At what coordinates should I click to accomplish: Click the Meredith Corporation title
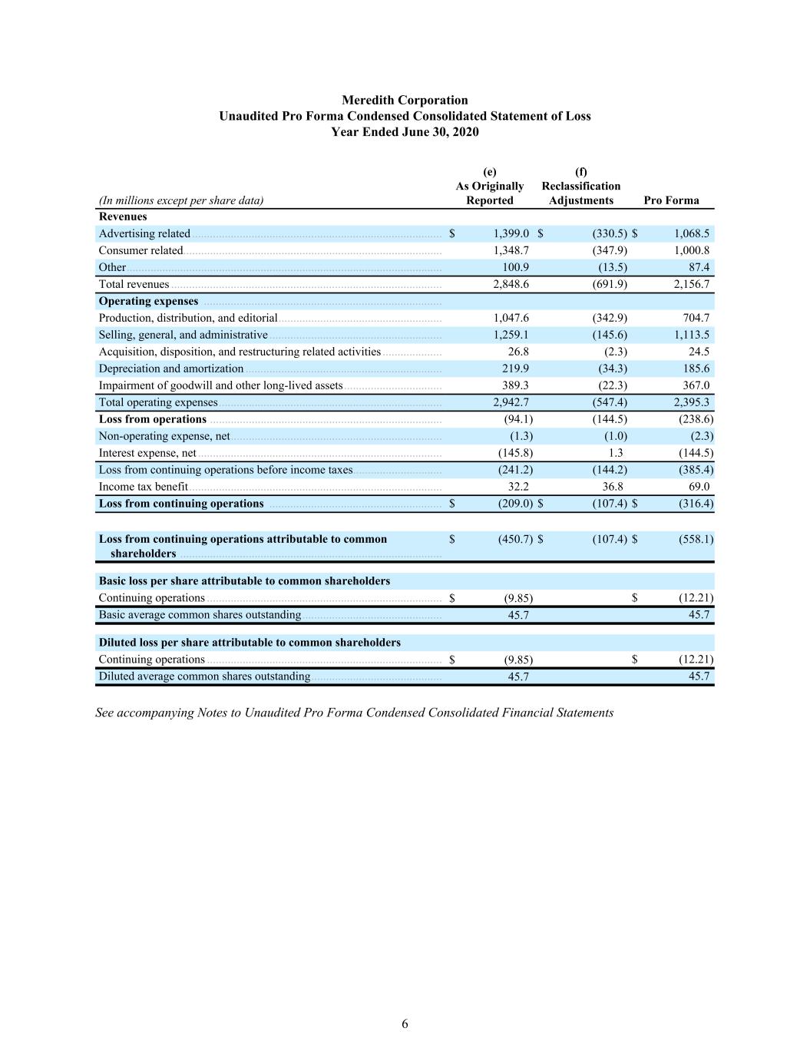pyautogui.click(x=405, y=100)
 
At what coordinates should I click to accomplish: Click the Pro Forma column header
pyautogui.click(x=671, y=200)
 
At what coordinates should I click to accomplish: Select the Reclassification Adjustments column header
pyautogui.click(x=581, y=193)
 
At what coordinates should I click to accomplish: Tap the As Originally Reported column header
pyautogui.click(x=490, y=193)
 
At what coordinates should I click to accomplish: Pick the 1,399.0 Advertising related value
pyautogui.click(x=511, y=233)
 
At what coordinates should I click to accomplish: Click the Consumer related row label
pyautogui.click(x=141, y=250)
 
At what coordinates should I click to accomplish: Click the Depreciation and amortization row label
pyautogui.click(x=171, y=369)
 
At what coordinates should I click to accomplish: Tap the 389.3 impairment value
pyautogui.click(x=515, y=385)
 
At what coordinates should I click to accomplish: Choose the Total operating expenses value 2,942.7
pyautogui.click(x=511, y=402)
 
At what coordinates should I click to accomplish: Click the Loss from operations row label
pyautogui.click(x=153, y=419)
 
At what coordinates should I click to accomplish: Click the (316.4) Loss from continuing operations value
pyautogui.click(x=696, y=504)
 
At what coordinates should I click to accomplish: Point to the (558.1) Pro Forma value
pyautogui.click(x=696, y=539)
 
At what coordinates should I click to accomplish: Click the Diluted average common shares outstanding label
pyautogui.click(x=204, y=676)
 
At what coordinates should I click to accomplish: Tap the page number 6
pyautogui.click(x=405, y=1023)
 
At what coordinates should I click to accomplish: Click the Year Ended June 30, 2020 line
pyautogui.click(x=405, y=132)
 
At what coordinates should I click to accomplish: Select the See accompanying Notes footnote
pyautogui.click(x=354, y=712)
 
